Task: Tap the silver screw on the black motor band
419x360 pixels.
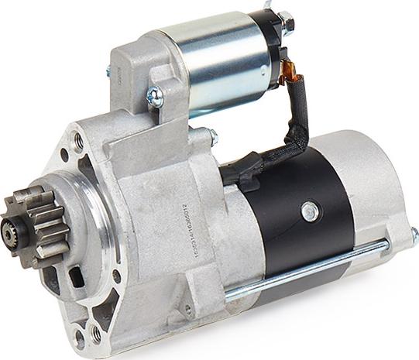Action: click(309, 208)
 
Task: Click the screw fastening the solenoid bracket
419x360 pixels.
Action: click(154, 97)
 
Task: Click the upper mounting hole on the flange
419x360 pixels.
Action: click(78, 142)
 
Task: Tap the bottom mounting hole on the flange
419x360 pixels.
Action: click(96, 334)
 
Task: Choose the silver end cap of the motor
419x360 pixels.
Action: click(380, 194)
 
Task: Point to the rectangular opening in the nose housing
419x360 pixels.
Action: click(77, 276)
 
